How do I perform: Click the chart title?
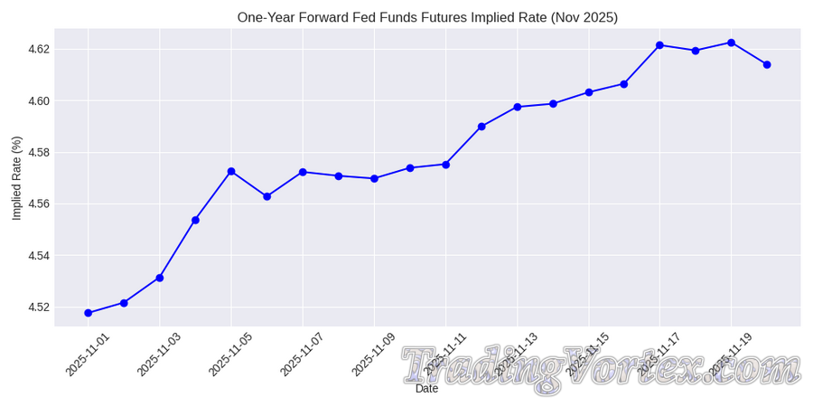pyautogui.click(x=427, y=17)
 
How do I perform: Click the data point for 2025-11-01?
pyautogui.click(x=89, y=313)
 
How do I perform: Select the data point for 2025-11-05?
pyautogui.click(x=231, y=171)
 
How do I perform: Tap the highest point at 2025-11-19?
pyautogui.click(x=731, y=43)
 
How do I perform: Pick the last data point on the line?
pyautogui.click(x=767, y=64)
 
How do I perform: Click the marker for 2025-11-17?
pyautogui.click(x=659, y=45)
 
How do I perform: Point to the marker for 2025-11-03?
pyautogui.click(x=160, y=278)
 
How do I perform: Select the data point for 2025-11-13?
pyautogui.click(x=518, y=107)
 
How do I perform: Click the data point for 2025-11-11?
pyautogui.click(x=445, y=165)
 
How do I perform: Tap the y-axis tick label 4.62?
pyautogui.click(x=38, y=49)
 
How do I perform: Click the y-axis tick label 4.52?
pyautogui.click(x=38, y=308)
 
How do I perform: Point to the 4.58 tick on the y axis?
pyautogui.click(x=38, y=153)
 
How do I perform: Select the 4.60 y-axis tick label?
pyautogui.click(x=38, y=100)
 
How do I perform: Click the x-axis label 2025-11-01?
pyautogui.click(x=88, y=355)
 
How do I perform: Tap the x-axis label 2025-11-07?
pyautogui.click(x=302, y=355)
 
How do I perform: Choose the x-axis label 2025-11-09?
pyautogui.click(x=373, y=355)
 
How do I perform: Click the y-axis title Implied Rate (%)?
pyautogui.click(x=16, y=178)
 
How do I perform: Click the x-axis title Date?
pyautogui.click(x=426, y=389)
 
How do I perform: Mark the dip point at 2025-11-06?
pyautogui.click(x=266, y=196)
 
